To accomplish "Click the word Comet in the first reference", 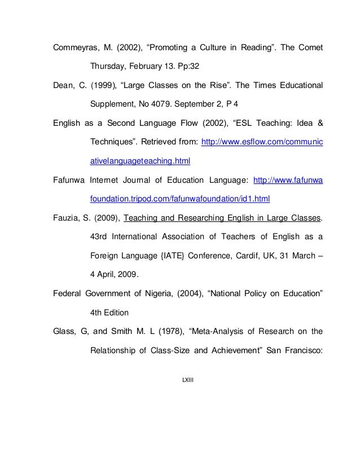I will (x=309, y=46).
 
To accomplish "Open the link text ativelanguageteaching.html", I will (x=141, y=162).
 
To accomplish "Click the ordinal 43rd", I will (x=101, y=236).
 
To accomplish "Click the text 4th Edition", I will (x=111, y=312).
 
